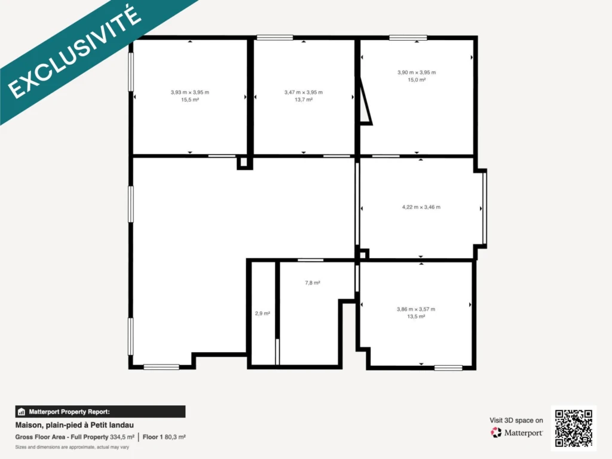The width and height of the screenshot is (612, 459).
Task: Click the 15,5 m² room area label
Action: click(189, 100)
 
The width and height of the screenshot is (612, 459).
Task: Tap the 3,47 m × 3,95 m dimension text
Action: click(303, 93)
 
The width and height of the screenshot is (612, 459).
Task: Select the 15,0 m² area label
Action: click(417, 80)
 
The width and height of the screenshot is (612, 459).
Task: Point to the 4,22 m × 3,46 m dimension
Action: click(421, 207)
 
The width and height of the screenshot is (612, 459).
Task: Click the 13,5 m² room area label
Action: click(416, 317)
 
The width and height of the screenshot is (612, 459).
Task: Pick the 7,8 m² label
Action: click(313, 283)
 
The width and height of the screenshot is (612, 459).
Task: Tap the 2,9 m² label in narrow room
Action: click(262, 313)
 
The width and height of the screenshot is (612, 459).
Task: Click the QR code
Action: click(573, 428)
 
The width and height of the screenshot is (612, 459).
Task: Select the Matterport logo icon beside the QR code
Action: click(496, 433)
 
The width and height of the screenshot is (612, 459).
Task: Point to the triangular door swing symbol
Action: click(365, 100)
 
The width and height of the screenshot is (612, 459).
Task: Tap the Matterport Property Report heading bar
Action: click(100, 412)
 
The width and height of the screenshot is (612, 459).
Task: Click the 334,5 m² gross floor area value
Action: click(122, 437)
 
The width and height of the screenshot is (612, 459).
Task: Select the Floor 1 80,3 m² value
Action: click(164, 437)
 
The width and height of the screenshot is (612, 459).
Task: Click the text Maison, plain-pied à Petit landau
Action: click(75, 425)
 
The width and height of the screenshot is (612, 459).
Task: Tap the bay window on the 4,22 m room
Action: click(484, 209)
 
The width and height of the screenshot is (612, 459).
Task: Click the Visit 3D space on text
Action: click(516, 420)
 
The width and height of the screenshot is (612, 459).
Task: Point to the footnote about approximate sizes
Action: click(72, 447)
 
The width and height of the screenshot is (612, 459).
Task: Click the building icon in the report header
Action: click(22, 412)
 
